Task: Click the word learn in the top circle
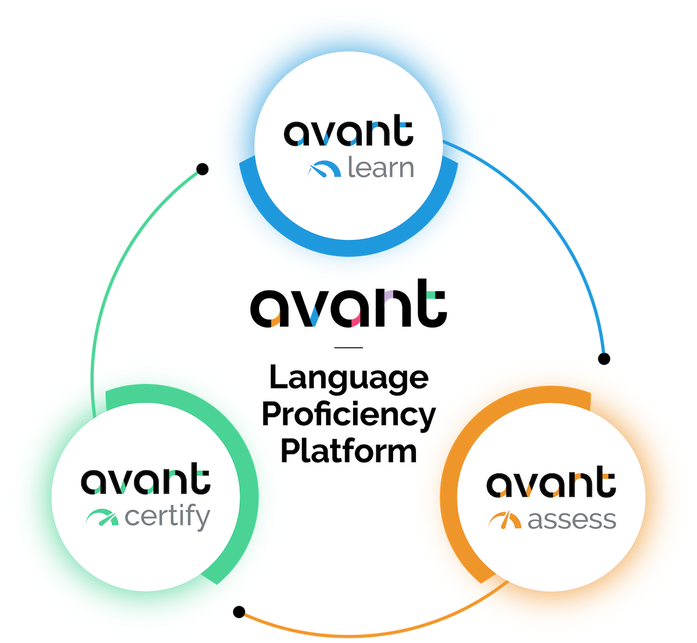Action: [380, 168]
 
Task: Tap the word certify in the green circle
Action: [167, 517]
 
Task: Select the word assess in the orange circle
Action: [572, 519]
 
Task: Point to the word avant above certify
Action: [145, 480]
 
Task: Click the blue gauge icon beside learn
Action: [324, 169]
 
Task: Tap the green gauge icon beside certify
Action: [102, 517]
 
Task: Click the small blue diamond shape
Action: [314, 317]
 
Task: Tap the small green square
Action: [430, 294]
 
